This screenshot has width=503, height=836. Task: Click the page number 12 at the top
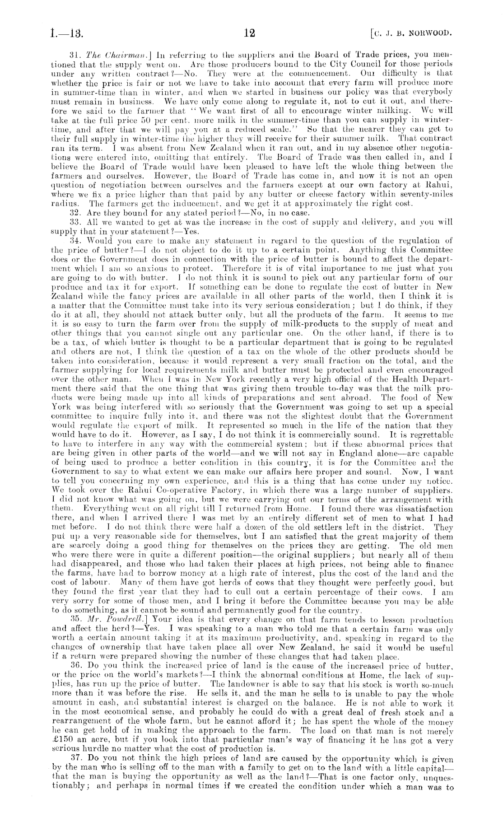pyautogui.click(x=249, y=33)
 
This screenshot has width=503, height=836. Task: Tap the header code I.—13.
pyautogui.click(x=67, y=33)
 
